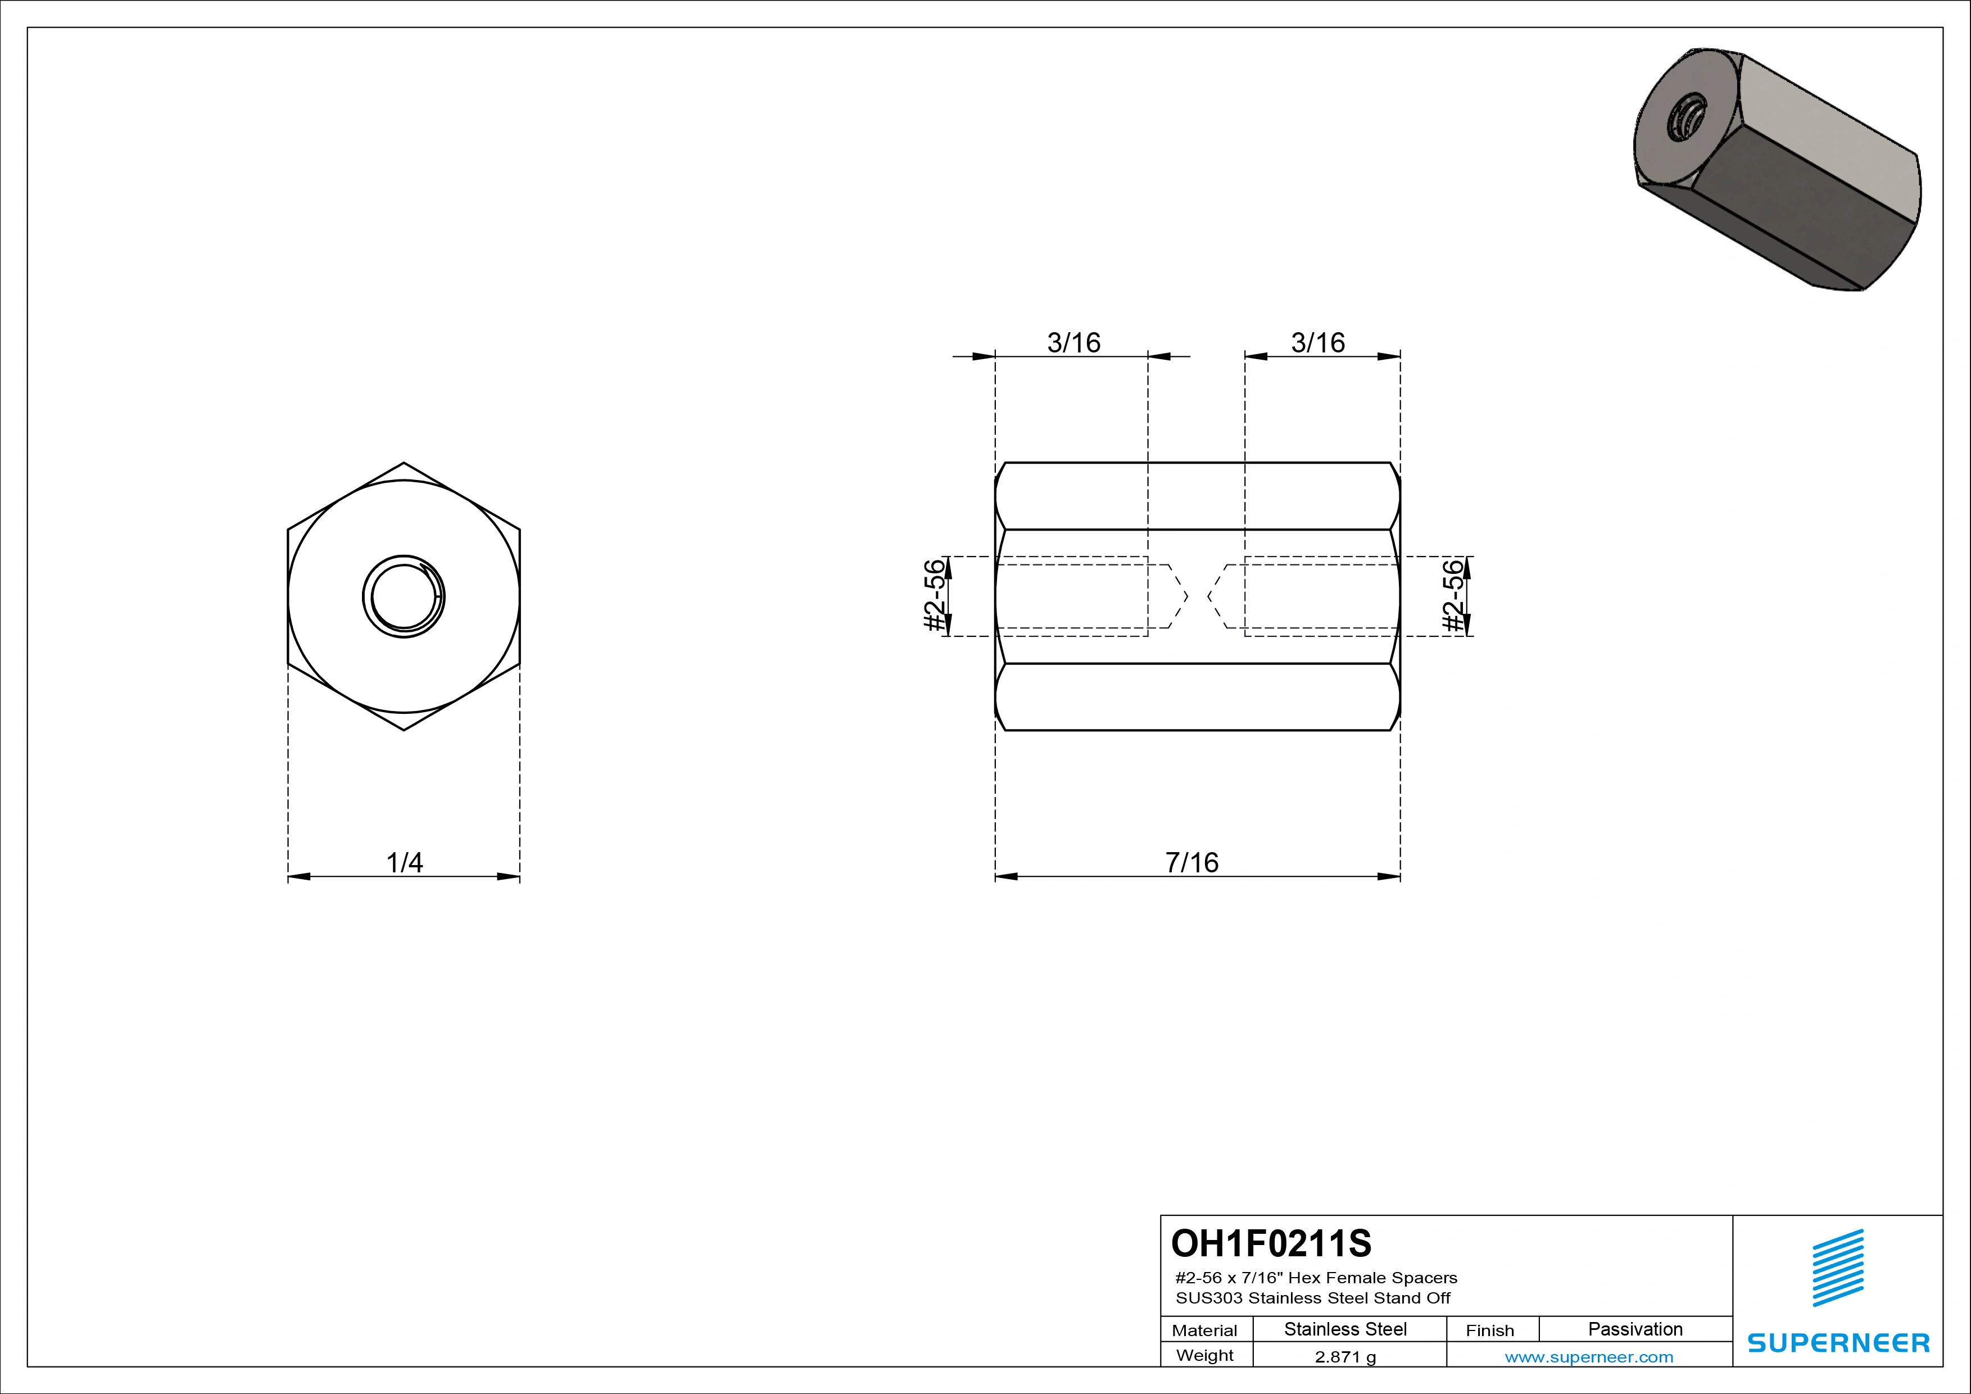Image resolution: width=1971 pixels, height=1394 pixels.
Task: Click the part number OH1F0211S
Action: point(1271,1243)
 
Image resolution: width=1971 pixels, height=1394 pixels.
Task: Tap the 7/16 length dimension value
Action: point(1191,862)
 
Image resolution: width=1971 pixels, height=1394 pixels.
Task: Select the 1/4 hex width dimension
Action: point(404,862)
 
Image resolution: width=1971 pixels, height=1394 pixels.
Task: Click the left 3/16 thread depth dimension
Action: point(1073,342)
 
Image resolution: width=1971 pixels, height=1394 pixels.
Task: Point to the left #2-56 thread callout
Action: point(935,596)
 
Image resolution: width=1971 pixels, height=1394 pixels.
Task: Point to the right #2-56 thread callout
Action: point(1452,596)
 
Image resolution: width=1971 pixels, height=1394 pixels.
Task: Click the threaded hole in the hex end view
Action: point(404,596)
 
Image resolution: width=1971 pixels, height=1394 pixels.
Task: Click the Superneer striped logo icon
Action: point(1837,1268)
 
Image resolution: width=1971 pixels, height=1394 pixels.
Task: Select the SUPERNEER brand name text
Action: point(1838,1342)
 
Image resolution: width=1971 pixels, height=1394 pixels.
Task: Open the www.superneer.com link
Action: point(1589,1357)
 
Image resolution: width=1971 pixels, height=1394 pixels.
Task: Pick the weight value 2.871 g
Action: point(1345,1357)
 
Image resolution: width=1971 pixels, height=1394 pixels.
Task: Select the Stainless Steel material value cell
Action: point(1345,1329)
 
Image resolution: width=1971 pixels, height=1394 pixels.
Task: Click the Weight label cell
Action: point(1204,1355)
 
